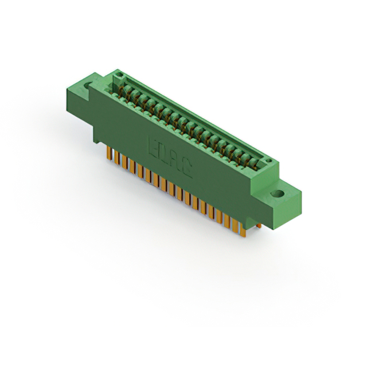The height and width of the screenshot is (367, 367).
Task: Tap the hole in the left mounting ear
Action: click(89, 87)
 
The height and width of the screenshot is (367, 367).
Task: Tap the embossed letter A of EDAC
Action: click(178, 160)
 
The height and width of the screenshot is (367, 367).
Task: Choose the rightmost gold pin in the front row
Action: click(243, 230)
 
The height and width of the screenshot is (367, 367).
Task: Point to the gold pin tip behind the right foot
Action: click(259, 226)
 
